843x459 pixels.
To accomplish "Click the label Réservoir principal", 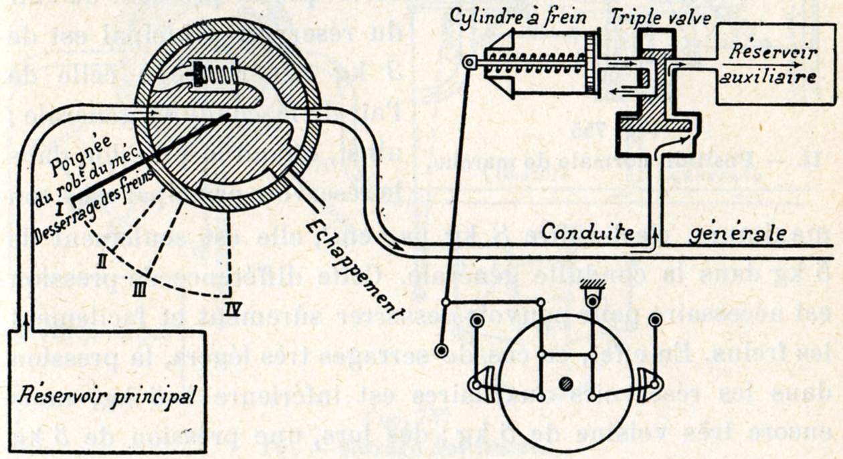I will pos(107,395).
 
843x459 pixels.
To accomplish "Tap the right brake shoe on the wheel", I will pos(648,384).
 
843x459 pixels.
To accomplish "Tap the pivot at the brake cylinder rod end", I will pos(469,64).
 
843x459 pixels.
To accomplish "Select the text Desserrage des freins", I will pos(94,205).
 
